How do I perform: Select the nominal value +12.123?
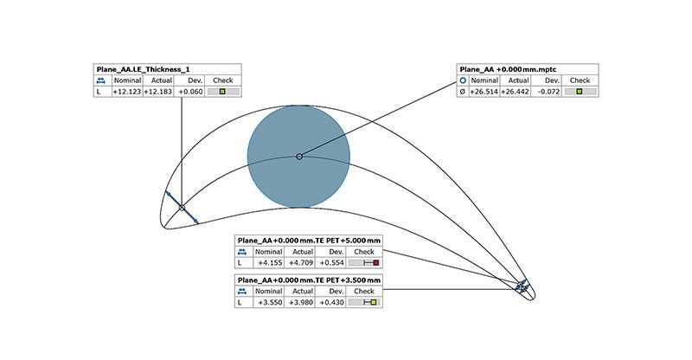[126, 91]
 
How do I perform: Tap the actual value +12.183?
[158, 91]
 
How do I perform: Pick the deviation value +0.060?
[189, 91]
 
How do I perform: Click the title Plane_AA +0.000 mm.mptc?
[509, 67]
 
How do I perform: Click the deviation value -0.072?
[549, 91]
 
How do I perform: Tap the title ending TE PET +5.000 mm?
[309, 240]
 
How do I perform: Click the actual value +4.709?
[300, 261]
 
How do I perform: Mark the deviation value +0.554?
[331, 261]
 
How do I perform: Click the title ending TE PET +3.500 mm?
[309, 280]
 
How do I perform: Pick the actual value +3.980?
[300, 302]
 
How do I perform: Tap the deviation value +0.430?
[331, 302]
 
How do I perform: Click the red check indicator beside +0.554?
[375, 261]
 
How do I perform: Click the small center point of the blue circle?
[299, 156]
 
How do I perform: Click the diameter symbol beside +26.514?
[462, 91]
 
